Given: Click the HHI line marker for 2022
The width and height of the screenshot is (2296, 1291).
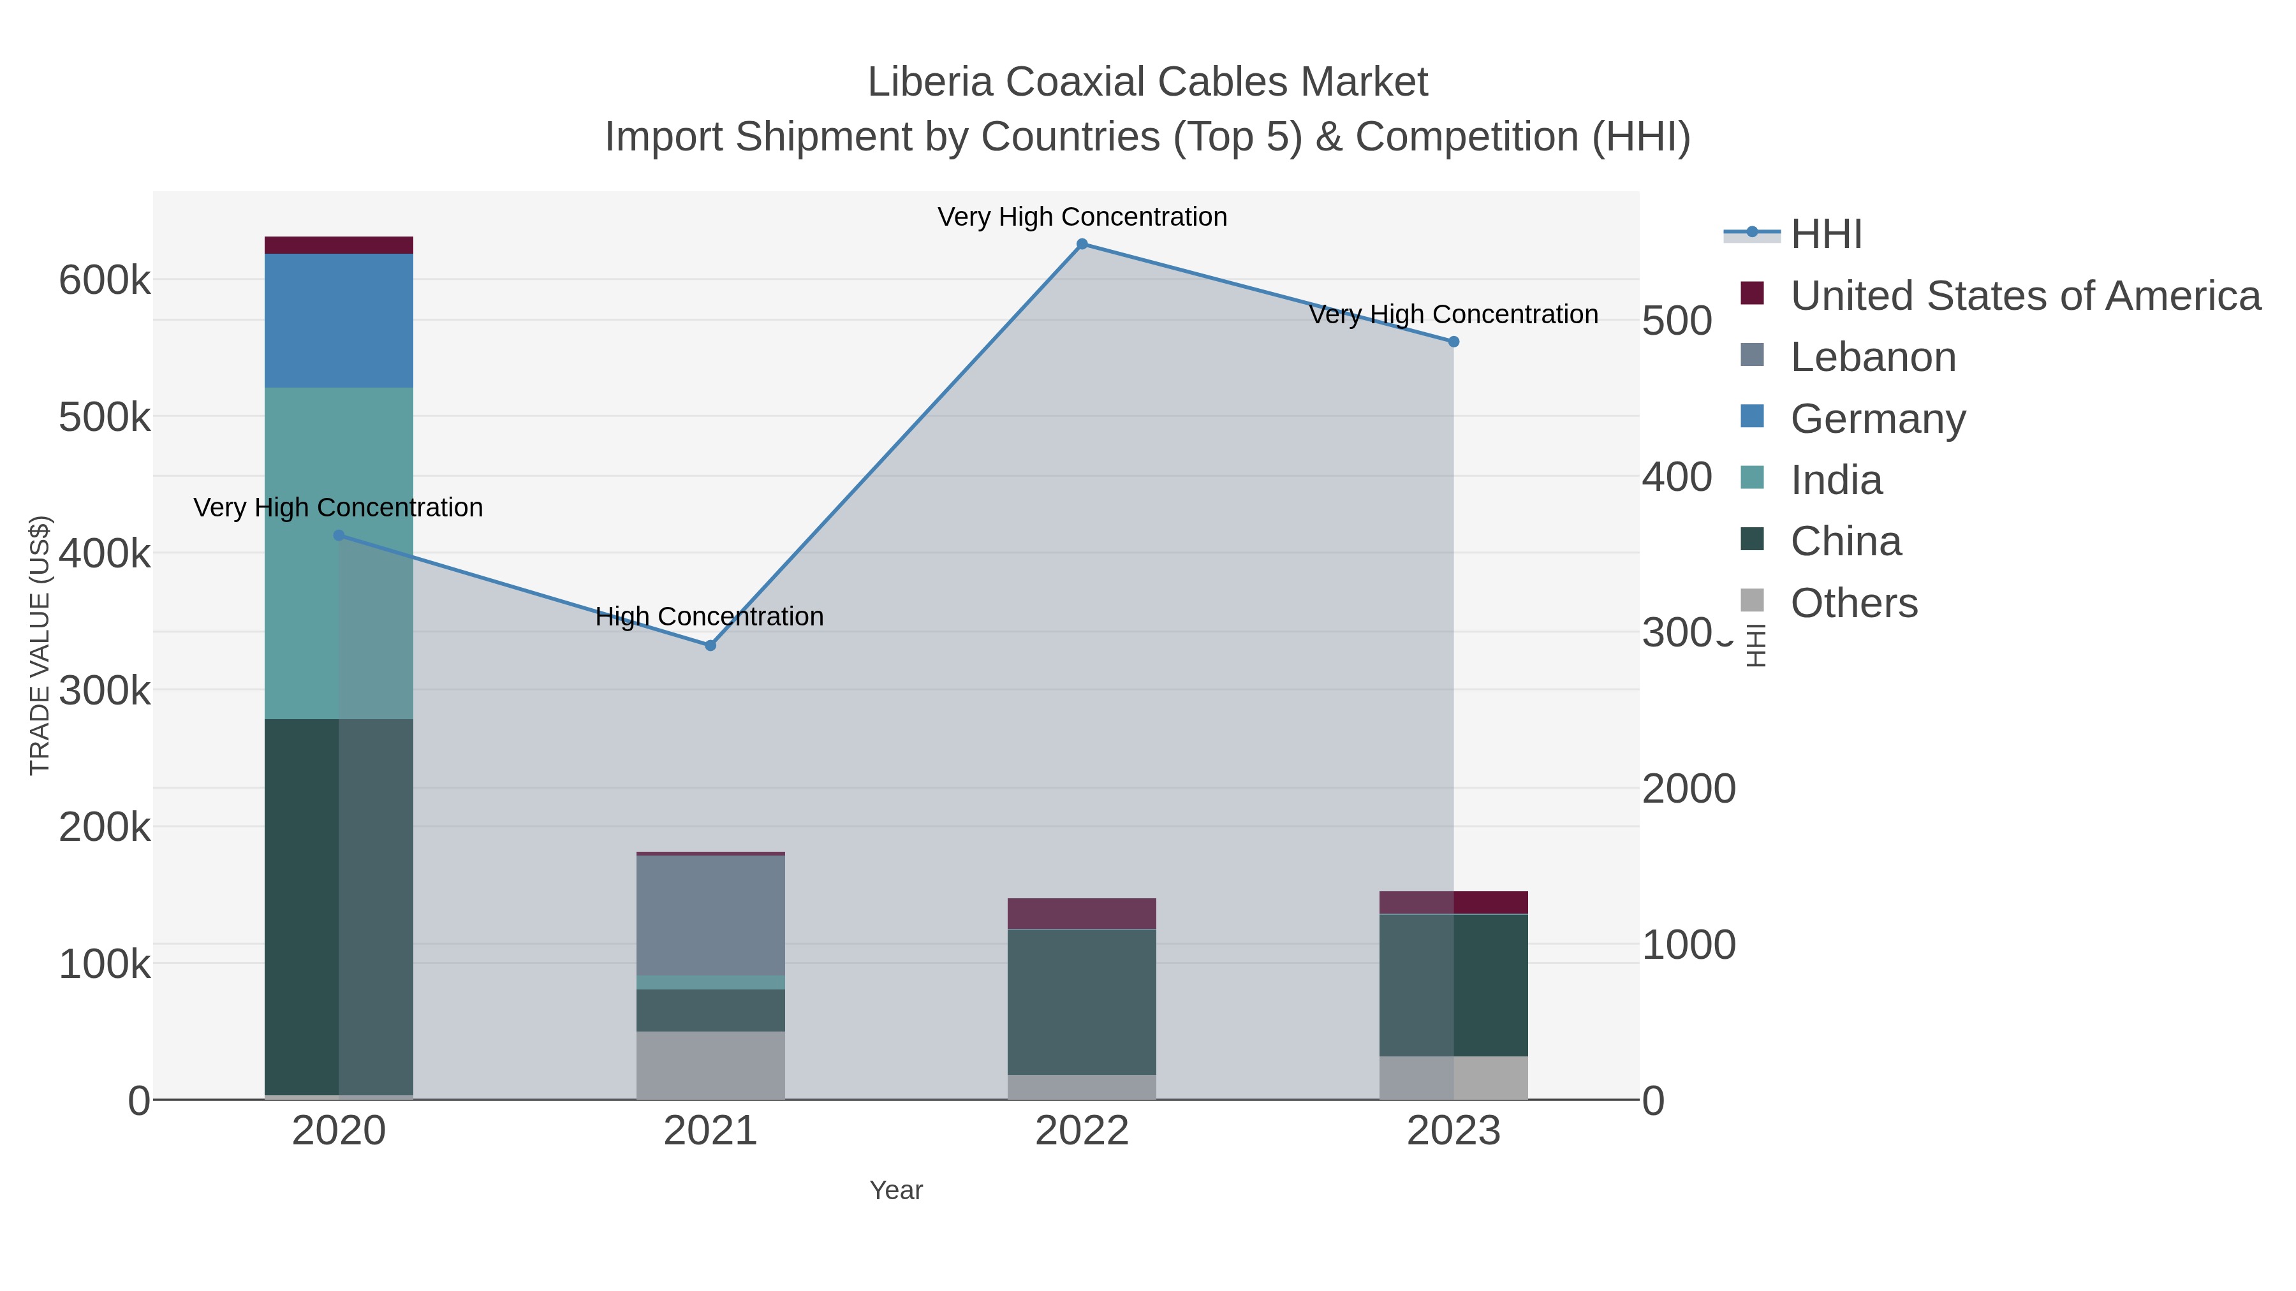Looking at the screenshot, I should (x=1082, y=244).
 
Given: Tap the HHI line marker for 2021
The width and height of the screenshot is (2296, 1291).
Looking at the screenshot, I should (x=710, y=645).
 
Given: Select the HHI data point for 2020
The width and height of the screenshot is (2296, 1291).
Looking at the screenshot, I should (x=339, y=536).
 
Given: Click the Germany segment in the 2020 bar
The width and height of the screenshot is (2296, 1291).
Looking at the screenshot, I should (x=339, y=321).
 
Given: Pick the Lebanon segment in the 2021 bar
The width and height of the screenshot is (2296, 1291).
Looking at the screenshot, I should (x=710, y=915).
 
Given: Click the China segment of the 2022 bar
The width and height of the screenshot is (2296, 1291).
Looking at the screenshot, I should (x=1082, y=1002).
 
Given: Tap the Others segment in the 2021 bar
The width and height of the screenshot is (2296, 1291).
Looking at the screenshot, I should (x=710, y=1065).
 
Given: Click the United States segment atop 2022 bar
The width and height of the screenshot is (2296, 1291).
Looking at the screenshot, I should (x=1082, y=913).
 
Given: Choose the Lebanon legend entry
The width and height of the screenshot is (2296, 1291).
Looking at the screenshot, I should (x=1872, y=357).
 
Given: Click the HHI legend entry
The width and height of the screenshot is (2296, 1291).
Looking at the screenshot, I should (x=1825, y=235).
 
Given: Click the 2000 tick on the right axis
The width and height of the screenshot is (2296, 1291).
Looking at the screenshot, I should (x=1688, y=789).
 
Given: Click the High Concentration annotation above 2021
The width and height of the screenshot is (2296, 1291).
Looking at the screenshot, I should (x=709, y=616).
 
